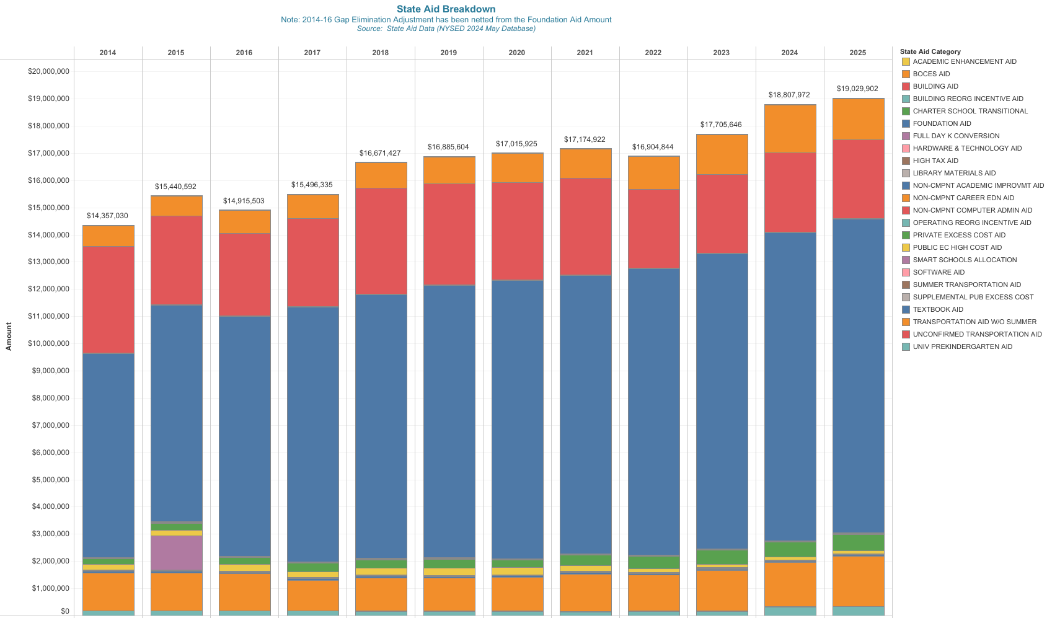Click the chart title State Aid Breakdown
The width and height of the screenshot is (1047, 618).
(x=446, y=9)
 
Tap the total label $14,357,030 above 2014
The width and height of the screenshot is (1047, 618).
(x=107, y=216)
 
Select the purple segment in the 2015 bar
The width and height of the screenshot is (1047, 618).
(x=176, y=553)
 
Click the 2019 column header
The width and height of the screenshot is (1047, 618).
(x=448, y=53)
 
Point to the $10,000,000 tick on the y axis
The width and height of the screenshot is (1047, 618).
(x=48, y=343)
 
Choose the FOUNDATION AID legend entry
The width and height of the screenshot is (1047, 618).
(x=942, y=123)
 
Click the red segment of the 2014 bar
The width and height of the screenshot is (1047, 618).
(x=108, y=299)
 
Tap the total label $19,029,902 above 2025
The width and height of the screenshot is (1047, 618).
(x=857, y=89)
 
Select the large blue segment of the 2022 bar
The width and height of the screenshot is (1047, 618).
(x=653, y=412)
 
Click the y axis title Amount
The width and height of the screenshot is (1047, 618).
(x=9, y=337)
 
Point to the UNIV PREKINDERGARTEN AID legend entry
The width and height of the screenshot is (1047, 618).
(x=962, y=347)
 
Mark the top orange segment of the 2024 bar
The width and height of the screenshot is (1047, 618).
(x=790, y=129)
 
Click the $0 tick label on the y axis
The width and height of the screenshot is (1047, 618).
(x=64, y=611)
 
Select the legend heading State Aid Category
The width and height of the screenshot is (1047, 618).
(x=930, y=51)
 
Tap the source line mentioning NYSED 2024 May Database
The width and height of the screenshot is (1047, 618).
(x=446, y=29)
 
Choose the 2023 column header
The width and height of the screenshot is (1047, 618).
(x=721, y=53)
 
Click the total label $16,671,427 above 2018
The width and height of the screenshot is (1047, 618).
(x=380, y=153)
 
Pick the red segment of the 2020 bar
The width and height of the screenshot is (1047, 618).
(x=517, y=231)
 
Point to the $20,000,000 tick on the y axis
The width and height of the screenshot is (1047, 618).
(x=48, y=71)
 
